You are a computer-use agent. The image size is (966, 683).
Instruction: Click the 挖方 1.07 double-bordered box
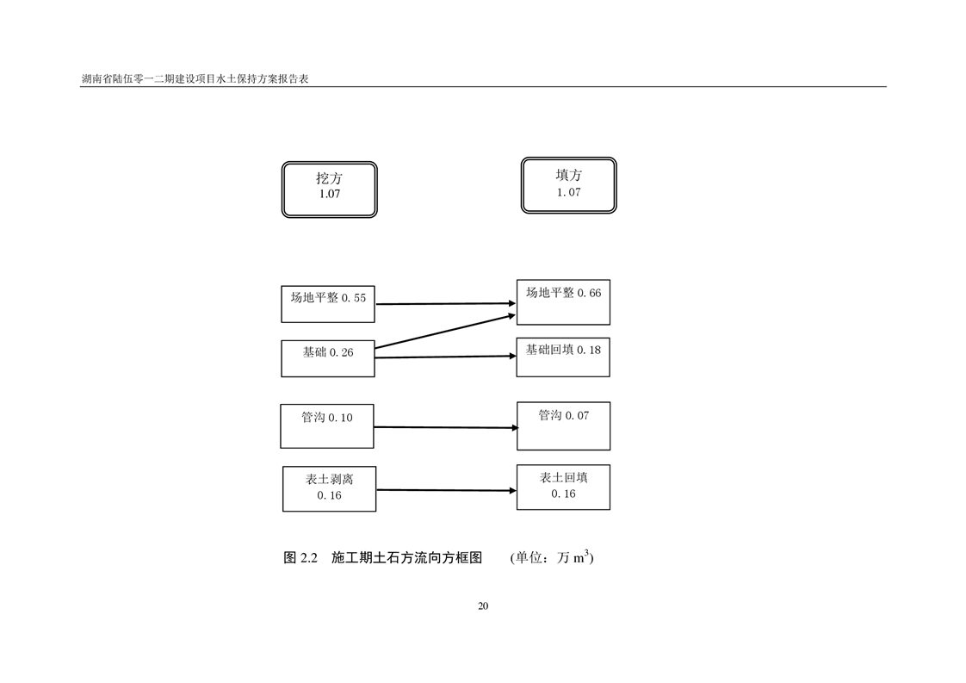click(329, 189)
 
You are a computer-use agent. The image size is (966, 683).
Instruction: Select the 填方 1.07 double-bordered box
click(568, 185)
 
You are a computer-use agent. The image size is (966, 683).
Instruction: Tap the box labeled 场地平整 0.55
click(328, 304)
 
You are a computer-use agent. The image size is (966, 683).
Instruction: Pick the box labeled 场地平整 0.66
click(563, 301)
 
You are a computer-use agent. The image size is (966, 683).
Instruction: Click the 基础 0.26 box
click(328, 358)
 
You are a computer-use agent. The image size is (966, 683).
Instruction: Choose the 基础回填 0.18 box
click(563, 357)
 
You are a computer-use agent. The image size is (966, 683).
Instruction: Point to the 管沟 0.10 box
click(327, 425)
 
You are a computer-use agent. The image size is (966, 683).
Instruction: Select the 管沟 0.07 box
click(563, 425)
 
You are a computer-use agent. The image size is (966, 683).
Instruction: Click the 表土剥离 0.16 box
click(329, 488)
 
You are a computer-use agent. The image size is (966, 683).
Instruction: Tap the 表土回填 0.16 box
click(563, 487)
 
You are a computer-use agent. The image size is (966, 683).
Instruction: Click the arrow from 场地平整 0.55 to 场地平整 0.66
click(445, 303)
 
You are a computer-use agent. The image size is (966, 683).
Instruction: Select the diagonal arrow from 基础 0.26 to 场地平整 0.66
click(445, 332)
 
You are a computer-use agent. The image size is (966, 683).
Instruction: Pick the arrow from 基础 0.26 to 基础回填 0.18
click(445, 357)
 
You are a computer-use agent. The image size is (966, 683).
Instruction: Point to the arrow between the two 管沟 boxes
click(445, 427)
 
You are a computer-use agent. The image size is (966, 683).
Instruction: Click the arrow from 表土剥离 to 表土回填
click(445, 490)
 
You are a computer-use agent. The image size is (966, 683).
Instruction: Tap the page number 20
click(483, 605)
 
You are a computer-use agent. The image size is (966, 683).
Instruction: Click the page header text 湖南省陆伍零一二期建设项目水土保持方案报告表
click(195, 78)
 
